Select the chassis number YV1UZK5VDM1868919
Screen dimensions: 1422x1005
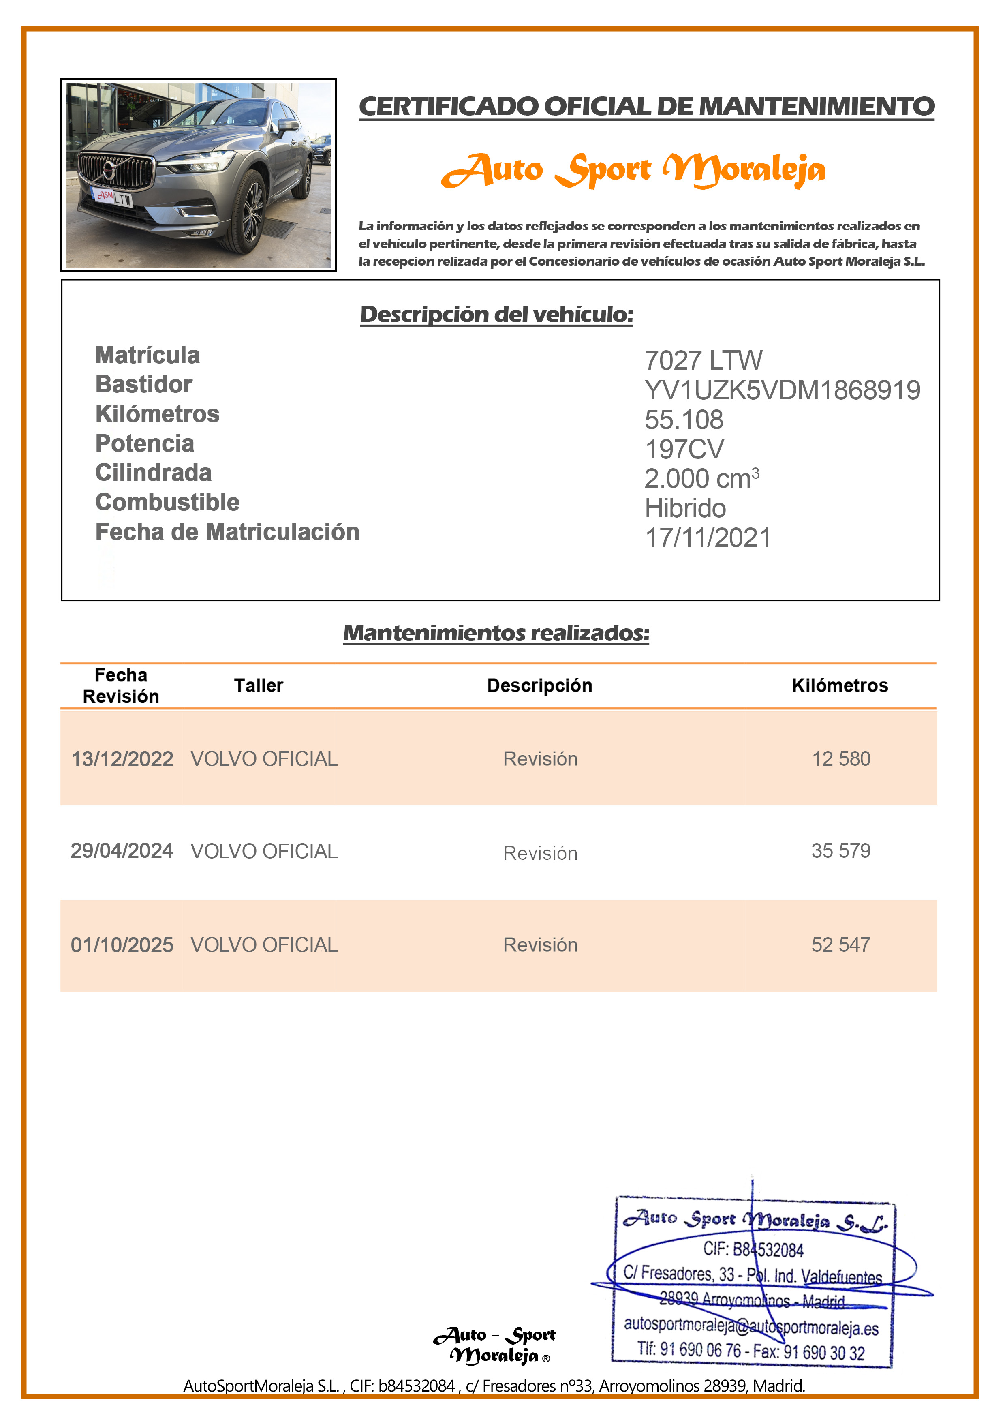pyautogui.click(x=782, y=390)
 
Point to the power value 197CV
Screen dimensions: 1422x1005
pyautogui.click(x=684, y=450)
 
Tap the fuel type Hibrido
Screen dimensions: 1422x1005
pyautogui.click(x=685, y=508)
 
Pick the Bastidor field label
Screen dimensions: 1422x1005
pyautogui.click(x=144, y=385)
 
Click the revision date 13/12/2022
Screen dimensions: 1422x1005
pyautogui.click(x=122, y=759)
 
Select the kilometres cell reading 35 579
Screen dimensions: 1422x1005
pyautogui.click(x=840, y=851)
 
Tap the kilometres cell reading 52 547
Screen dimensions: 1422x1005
pyautogui.click(x=840, y=945)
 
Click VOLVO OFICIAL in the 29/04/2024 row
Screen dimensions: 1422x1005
pyautogui.click(x=264, y=852)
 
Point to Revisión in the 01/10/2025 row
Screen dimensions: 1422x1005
pyautogui.click(x=540, y=945)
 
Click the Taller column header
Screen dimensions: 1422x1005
pyautogui.click(x=258, y=685)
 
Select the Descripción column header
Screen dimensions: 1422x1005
pyautogui.click(x=539, y=685)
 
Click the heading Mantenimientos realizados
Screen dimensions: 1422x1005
pyautogui.click(x=496, y=633)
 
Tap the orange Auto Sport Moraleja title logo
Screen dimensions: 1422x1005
pyautogui.click(x=633, y=170)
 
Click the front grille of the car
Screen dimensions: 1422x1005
pyautogui.click(x=118, y=170)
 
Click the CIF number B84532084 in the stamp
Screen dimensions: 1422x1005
pyautogui.click(x=753, y=1250)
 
